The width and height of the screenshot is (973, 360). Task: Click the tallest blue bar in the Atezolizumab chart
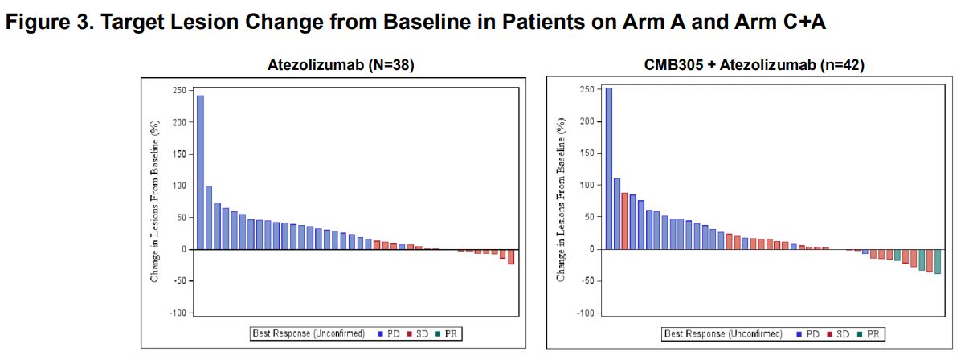[200, 173]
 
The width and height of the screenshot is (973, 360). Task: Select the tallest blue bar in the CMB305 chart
[608, 169]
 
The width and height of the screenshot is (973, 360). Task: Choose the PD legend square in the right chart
[800, 333]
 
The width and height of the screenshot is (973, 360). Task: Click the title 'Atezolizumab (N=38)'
[341, 66]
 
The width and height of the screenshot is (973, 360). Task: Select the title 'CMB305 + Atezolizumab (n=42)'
[754, 66]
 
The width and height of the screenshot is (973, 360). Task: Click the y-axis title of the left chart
[155, 201]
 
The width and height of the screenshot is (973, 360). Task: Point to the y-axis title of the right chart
[562, 201]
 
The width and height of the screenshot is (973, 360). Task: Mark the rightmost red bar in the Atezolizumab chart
[511, 256]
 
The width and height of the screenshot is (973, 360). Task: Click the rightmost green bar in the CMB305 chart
[937, 261]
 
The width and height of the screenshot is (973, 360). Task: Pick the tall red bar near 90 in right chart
[624, 221]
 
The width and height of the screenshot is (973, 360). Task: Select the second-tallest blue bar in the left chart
[209, 218]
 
